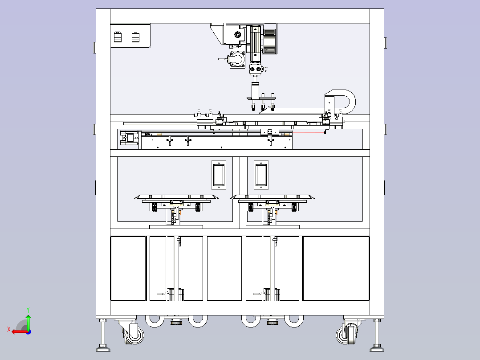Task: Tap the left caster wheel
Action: pos(134,335)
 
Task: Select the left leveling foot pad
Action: pos(103,348)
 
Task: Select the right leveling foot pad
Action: pos(377,348)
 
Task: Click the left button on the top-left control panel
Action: pos(118,37)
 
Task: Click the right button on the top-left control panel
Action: pos(136,37)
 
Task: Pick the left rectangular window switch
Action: pos(219,175)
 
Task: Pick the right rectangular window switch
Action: pos(261,175)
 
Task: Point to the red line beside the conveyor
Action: pos(309,133)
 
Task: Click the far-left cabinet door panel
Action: pos(128,268)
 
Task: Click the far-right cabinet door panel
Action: pos(336,268)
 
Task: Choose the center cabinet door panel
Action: pos(224,268)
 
